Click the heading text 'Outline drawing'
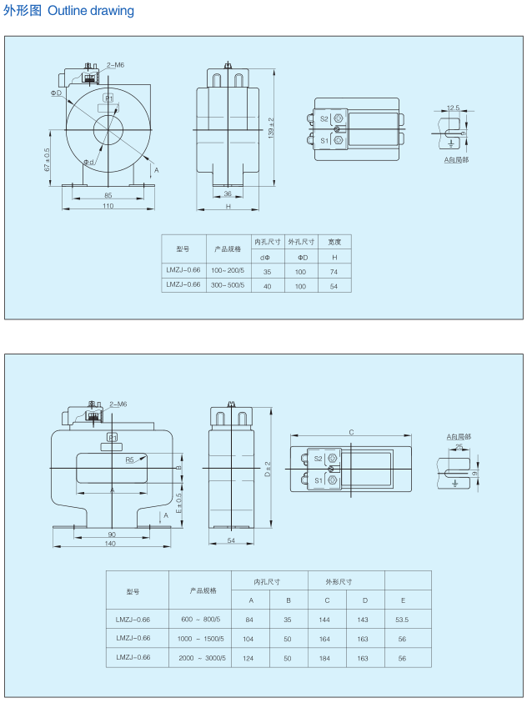point(91,11)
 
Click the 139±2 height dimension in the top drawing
point(271,128)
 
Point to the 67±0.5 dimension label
point(47,159)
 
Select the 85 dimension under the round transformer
point(108,195)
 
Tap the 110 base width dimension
point(108,206)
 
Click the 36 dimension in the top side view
point(228,193)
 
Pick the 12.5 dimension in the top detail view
point(453,108)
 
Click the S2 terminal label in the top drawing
point(324,118)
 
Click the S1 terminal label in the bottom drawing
point(319,480)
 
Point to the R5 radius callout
point(130,459)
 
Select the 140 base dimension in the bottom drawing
point(110,544)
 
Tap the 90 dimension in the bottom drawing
point(112,535)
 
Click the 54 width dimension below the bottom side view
point(231,540)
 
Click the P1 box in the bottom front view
point(112,437)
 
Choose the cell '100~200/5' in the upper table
point(228,270)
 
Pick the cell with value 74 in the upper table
point(334,272)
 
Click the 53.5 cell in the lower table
point(402,620)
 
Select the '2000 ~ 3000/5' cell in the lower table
point(202,658)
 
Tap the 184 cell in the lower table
point(324,658)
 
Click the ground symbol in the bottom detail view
point(455,483)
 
